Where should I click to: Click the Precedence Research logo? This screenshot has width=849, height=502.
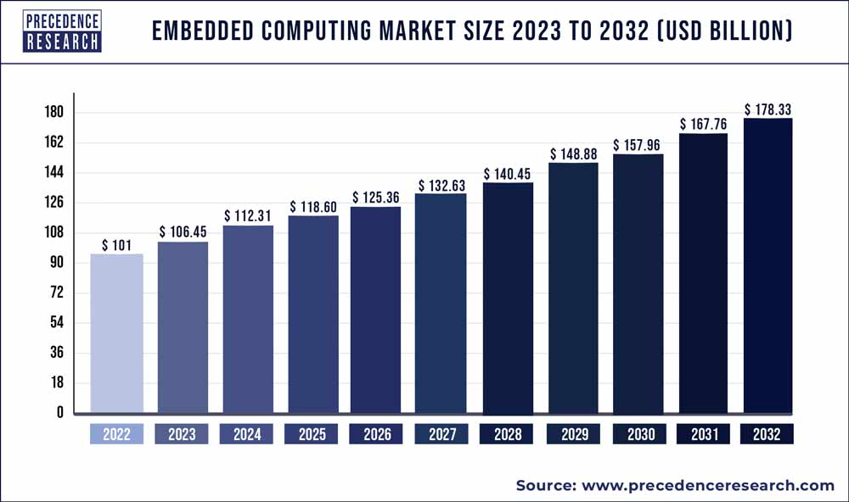coord(62,31)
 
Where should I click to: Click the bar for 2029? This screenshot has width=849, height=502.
coord(573,288)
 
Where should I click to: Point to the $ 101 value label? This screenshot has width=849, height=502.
coord(116,245)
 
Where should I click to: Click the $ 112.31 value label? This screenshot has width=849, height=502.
coord(248,216)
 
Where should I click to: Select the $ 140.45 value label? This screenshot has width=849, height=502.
coord(508,174)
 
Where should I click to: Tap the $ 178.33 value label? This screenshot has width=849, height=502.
coord(768,109)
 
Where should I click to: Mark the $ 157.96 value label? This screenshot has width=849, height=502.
coord(638,145)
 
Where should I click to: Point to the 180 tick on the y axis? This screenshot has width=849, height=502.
coord(55,113)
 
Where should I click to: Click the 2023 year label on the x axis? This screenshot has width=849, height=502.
coord(182,434)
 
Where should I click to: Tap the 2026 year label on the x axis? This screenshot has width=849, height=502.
coord(378,434)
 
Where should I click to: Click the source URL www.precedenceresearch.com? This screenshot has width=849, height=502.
coord(708,485)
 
